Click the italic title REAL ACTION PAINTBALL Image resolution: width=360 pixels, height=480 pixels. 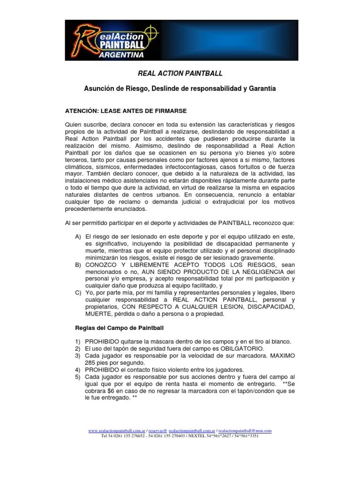coord(180,74)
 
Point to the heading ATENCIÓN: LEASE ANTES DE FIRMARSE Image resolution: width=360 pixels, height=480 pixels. coord(125,111)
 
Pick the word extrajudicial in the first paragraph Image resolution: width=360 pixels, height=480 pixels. coord(223,202)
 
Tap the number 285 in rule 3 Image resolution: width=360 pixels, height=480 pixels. coord(91,363)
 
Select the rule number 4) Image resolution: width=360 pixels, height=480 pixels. coord(78,369)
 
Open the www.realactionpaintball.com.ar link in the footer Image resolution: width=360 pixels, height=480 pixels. coord(116,430)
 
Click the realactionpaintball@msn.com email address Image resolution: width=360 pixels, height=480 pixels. coord(245,430)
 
